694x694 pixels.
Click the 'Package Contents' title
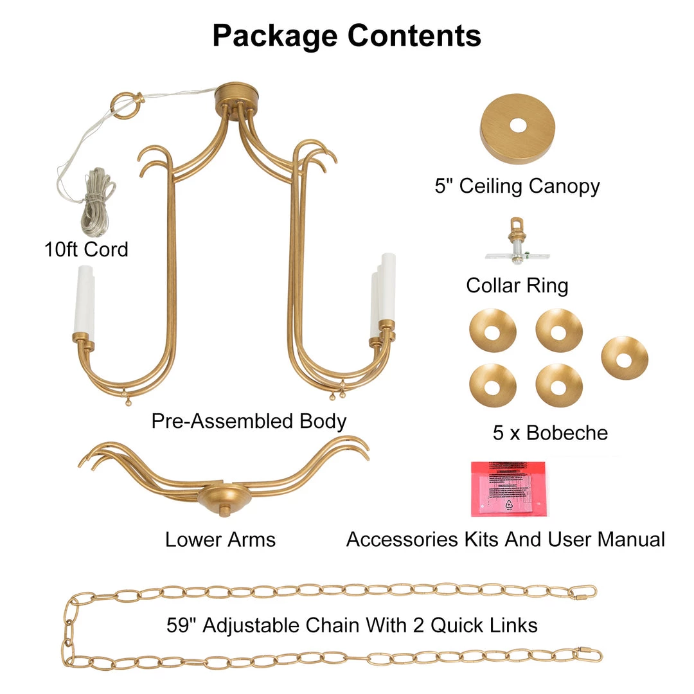(347, 36)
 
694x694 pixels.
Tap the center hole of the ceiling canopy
(517, 126)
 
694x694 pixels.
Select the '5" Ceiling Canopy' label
(517, 186)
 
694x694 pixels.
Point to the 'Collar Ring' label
(517, 285)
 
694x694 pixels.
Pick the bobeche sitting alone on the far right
(624, 358)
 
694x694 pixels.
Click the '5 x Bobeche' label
(550, 432)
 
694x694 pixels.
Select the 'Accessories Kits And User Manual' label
(505, 539)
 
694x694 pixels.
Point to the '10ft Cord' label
(86, 249)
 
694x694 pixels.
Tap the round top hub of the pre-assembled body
(235, 95)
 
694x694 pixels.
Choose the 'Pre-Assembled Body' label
(249, 422)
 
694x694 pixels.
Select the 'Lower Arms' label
(220, 539)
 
